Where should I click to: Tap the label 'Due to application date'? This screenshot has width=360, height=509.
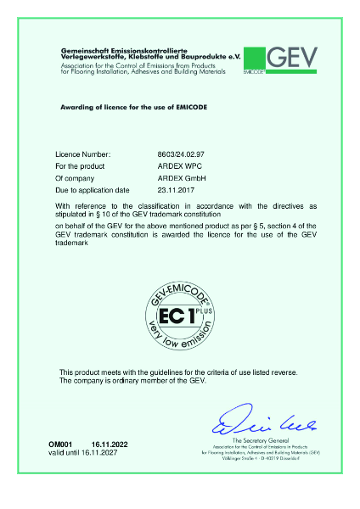(x=93, y=191)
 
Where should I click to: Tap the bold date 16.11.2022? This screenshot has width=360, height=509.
(x=108, y=445)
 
